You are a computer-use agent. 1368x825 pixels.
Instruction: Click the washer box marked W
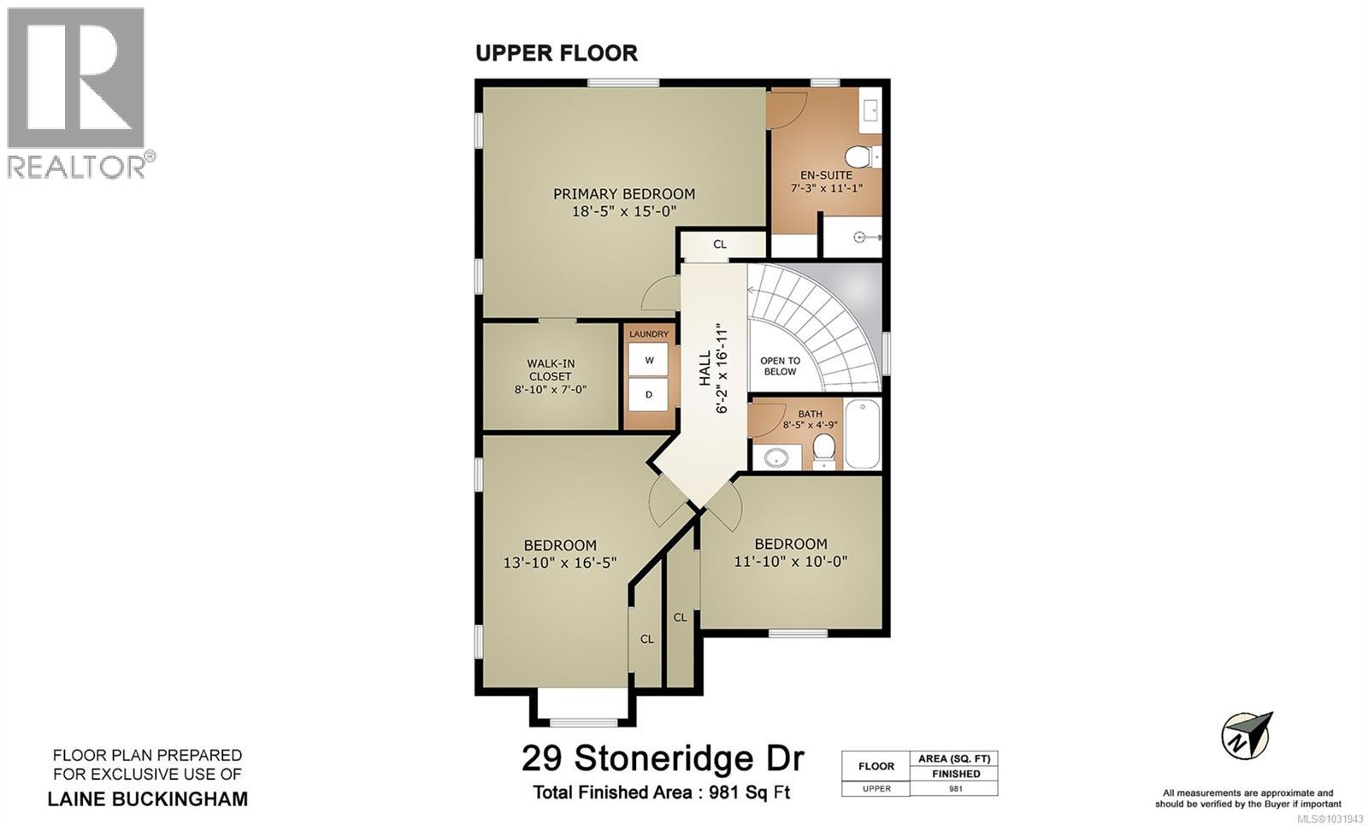(649, 360)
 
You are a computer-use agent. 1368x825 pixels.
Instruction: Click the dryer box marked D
(649, 395)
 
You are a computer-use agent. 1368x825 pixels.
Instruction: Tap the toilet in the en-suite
(858, 157)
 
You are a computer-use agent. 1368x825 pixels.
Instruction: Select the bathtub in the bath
(862, 433)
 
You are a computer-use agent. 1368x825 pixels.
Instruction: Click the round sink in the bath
(777, 457)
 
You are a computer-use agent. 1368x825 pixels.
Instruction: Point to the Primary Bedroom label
(623, 194)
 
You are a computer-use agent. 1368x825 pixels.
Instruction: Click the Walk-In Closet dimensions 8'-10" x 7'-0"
(550, 390)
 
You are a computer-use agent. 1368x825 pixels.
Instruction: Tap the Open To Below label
(780, 366)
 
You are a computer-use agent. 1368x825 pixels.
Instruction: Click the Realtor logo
(77, 92)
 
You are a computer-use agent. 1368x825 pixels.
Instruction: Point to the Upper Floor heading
(556, 53)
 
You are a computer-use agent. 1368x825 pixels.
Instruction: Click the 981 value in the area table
(956, 788)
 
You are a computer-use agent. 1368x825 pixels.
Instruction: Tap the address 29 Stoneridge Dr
(663, 757)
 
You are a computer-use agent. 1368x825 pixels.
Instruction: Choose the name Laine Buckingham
(147, 799)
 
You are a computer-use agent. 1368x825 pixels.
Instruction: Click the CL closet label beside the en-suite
(720, 245)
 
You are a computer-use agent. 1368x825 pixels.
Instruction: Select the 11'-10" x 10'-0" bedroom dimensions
(790, 562)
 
